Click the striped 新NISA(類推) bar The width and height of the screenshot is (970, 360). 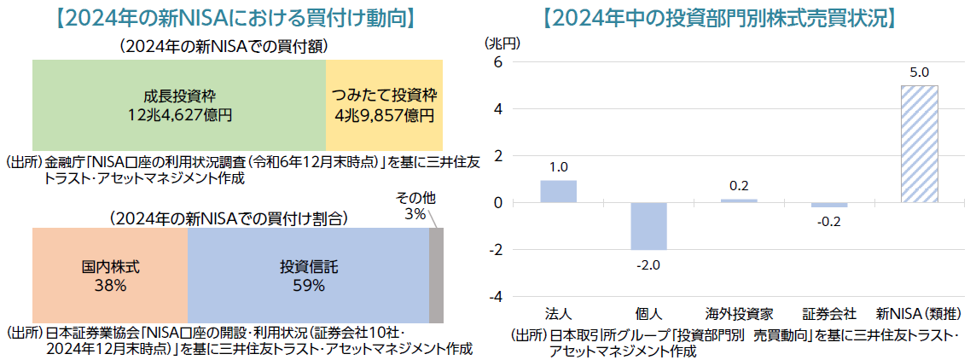click(919, 143)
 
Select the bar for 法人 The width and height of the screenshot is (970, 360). click(558, 191)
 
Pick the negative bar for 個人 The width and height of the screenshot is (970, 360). click(648, 226)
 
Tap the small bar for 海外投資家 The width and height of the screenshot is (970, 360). click(739, 200)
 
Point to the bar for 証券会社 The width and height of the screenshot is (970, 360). click(829, 205)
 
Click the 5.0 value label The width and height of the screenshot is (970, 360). click(919, 73)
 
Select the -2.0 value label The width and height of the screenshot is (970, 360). click(648, 264)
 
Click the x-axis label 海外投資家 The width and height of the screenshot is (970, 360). click(739, 314)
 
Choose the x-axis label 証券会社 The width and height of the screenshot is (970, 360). click(829, 314)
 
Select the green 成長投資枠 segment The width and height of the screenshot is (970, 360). click(179, 105)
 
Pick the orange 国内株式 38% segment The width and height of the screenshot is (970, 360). click(110, 276)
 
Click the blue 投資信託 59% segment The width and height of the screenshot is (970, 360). click(308, 276)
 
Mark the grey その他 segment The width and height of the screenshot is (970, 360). click(436, 276)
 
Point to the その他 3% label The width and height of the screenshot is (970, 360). click(415, 206)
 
